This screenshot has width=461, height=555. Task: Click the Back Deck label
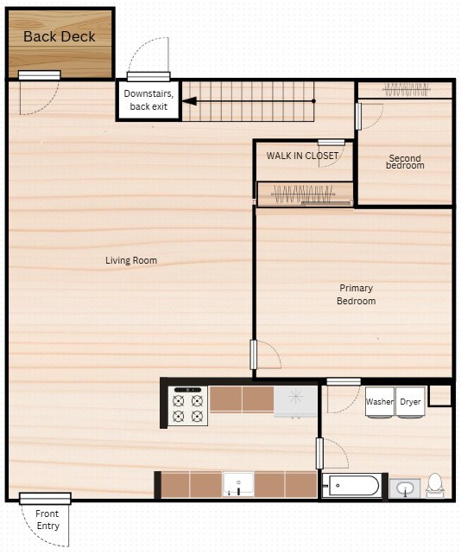click(60, 36)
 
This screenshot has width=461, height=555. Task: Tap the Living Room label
click(131, 260)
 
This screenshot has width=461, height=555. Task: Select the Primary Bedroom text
click(357, 294)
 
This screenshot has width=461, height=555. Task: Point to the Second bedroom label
click(404, 162)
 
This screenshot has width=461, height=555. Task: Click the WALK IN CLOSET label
click(302, 156)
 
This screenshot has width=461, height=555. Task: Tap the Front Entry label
click(47, 520)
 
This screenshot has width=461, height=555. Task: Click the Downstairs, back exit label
click(148, 99)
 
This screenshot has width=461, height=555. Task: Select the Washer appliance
click(380, 404)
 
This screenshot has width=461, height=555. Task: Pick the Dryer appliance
click(410, 404)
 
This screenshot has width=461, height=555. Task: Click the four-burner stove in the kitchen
click(188, 405)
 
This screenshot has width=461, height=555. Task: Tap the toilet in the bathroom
click(434, 486)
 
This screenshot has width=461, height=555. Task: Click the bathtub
click(351, 486)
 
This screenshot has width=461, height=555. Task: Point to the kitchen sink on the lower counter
click(237, 484)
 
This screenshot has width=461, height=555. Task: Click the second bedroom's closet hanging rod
click(405, 88)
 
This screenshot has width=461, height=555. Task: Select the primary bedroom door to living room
click(254, 354)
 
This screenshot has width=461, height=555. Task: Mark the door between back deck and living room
click(40, 76)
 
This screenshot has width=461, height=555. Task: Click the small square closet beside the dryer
click(439, 395)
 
